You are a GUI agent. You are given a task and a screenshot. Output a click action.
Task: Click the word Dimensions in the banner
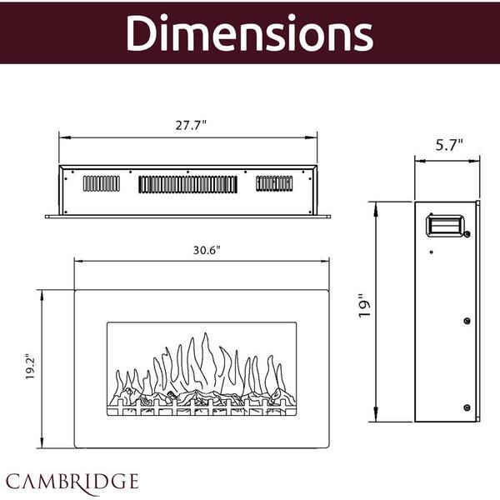(250, 33)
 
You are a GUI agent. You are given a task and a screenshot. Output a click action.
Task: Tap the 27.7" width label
(192, 124)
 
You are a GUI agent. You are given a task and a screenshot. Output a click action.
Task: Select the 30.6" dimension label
(207, 249)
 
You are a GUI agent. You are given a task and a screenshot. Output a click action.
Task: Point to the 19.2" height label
(31, 366)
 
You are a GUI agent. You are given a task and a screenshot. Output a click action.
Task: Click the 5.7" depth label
(449, 143)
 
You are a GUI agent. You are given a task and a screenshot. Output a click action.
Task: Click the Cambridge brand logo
(72, 481)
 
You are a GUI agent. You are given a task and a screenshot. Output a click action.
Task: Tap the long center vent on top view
(190, 185)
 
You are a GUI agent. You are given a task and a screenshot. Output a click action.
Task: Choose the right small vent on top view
(275, 183)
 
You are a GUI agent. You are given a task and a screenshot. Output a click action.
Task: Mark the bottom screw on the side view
(465, 407)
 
